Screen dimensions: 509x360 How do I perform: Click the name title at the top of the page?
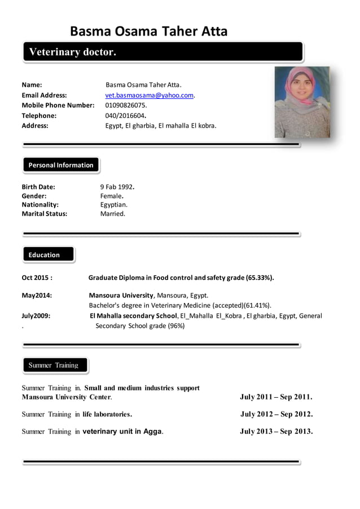coord(148,31)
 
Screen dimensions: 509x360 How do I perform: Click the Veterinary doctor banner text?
coord(72,52)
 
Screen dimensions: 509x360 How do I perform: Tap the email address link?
coord(150,95)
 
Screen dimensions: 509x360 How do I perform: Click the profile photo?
coord(302,102)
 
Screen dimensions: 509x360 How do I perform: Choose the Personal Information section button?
coord(61,165)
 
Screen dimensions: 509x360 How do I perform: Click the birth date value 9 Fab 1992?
coord(117,187)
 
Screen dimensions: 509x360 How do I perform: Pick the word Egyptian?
coord(114,205)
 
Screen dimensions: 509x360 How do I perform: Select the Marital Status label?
coord(44,214)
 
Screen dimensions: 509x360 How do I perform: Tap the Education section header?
coord(45,255)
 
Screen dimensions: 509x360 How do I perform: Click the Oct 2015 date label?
coord(37,278)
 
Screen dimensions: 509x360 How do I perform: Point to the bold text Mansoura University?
coord(121,295)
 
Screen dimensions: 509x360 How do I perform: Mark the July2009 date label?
coord(36,316)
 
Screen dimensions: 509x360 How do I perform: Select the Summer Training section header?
coord(54,366)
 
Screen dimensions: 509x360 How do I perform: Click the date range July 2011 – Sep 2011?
coord(276,397)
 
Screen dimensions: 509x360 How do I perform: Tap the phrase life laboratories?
coord(107,414)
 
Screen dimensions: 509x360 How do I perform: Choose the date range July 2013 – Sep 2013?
coord(276,432)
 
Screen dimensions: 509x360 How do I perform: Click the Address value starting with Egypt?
coord(161,126)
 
